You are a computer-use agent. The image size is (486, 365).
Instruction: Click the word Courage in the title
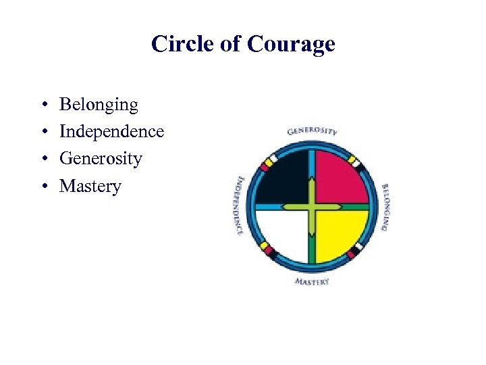point(291,44)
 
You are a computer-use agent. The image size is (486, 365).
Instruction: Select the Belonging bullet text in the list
point(99,105)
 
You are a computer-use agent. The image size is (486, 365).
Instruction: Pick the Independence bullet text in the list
point(111,131)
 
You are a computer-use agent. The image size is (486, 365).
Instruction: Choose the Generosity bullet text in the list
point(101,159)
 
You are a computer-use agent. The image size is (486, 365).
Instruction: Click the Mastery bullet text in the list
point(90,186)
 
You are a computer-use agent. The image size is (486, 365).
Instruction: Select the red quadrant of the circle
point(341,175)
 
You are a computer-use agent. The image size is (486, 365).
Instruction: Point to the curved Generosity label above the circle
point(312,130)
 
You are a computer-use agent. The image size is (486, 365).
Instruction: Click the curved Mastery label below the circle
point(312,281)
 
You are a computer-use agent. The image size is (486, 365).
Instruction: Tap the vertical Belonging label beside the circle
point(385,207)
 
